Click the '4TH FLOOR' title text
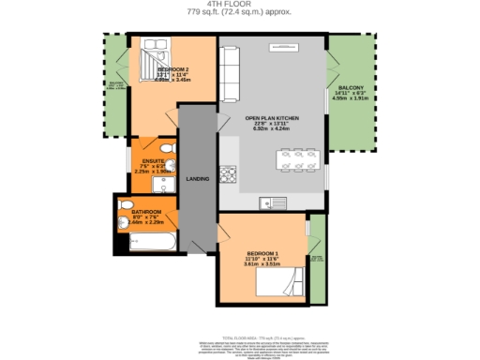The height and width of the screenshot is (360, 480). coord(239,4)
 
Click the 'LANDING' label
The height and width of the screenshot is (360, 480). coord(198,178)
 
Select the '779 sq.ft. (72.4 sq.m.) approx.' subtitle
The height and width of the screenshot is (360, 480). coord(239,12)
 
